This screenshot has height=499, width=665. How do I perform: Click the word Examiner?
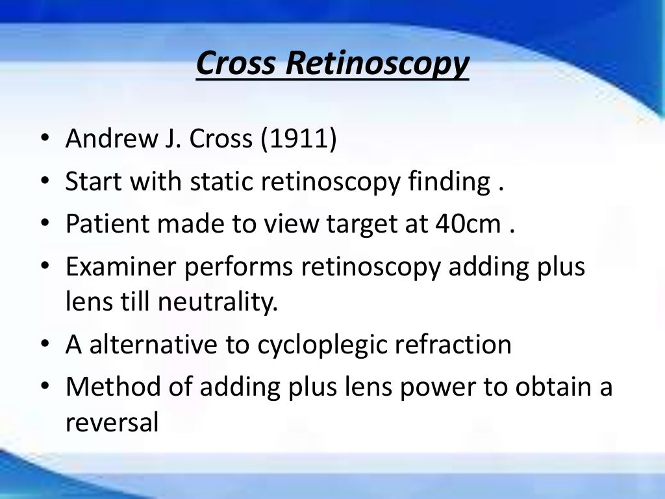coord(116,267)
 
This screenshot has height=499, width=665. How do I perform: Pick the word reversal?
coord(112,422)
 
